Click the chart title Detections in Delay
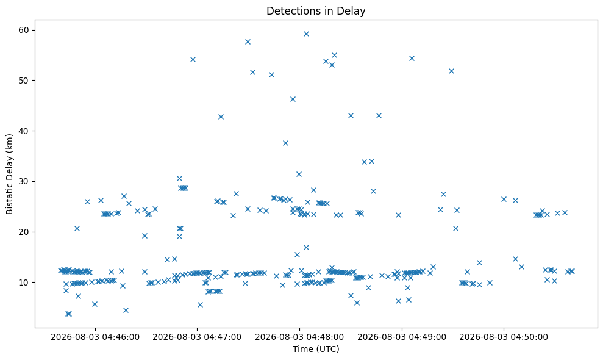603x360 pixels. coord(316,11)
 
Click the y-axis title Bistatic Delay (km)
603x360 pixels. coord(10,174)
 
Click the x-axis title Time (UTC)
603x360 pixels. coord(316,349)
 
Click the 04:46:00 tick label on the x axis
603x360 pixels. coord(95,337)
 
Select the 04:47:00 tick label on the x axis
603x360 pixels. coord(197,337)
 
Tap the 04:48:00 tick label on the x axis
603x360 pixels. coord(299,337)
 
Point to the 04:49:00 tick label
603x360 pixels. coord(401,337)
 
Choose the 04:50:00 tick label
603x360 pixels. coord(504,337)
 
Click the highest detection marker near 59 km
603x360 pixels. coord(306,34)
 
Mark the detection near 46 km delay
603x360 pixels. coord(293,99)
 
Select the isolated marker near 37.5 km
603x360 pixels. coord(285,143)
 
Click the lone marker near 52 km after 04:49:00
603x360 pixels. coord(451,71)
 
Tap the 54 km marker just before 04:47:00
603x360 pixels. coord(193,59)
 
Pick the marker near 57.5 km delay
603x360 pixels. coord(248,42)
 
